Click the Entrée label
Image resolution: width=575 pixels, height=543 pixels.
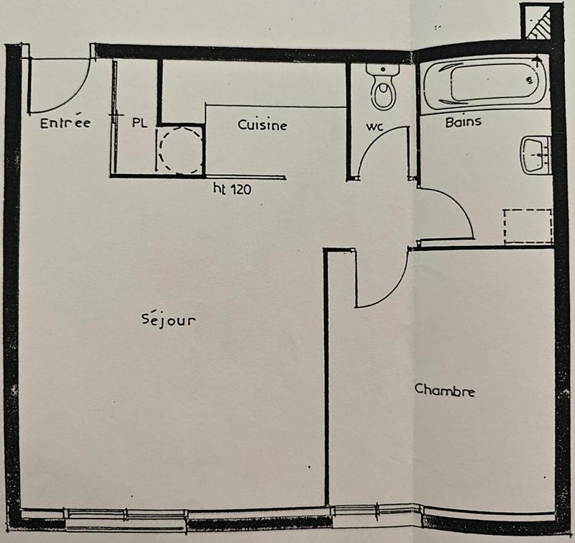65,123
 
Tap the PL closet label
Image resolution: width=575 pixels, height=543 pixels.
139,123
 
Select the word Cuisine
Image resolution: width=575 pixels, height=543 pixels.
262,125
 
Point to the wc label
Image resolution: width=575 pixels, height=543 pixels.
374,127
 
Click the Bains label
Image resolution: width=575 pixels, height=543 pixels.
463,122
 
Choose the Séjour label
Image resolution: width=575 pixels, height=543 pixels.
168,319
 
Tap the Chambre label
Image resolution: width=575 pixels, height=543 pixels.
445,391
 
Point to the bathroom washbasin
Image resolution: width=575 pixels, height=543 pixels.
535,155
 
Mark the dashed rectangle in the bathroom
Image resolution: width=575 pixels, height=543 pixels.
528,226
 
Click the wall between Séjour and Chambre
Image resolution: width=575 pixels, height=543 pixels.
326,381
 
